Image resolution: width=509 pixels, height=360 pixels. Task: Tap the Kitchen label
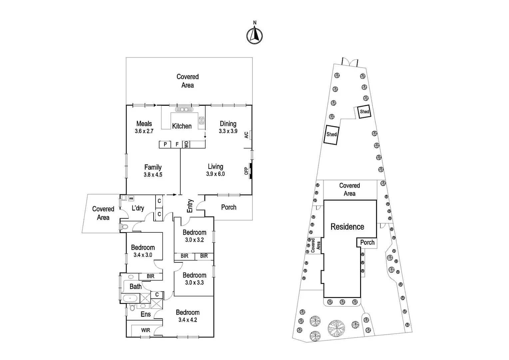(182, 126)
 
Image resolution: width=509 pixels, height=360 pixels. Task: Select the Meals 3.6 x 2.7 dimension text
(144, 131)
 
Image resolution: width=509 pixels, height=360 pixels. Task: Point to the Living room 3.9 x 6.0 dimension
(215, 174)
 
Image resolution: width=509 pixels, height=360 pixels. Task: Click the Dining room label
(228, 124)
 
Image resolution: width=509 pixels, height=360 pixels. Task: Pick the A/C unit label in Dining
(247, 135)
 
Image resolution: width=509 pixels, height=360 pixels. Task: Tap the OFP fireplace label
(247, 171)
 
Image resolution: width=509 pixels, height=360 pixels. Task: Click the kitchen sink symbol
(182, 109)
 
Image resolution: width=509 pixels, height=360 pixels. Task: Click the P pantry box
(165, 144)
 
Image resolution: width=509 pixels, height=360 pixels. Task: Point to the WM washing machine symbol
(131, 198)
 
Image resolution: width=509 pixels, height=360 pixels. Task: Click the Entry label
(190, 206)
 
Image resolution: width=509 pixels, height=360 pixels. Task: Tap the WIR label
(146, 330)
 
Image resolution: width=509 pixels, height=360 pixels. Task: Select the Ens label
(146, 314)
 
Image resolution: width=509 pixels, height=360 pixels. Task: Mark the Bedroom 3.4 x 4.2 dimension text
(188, 320)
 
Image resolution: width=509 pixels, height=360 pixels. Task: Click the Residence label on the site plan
(347, 227)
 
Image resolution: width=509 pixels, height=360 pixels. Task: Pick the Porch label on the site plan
(367, 242)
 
